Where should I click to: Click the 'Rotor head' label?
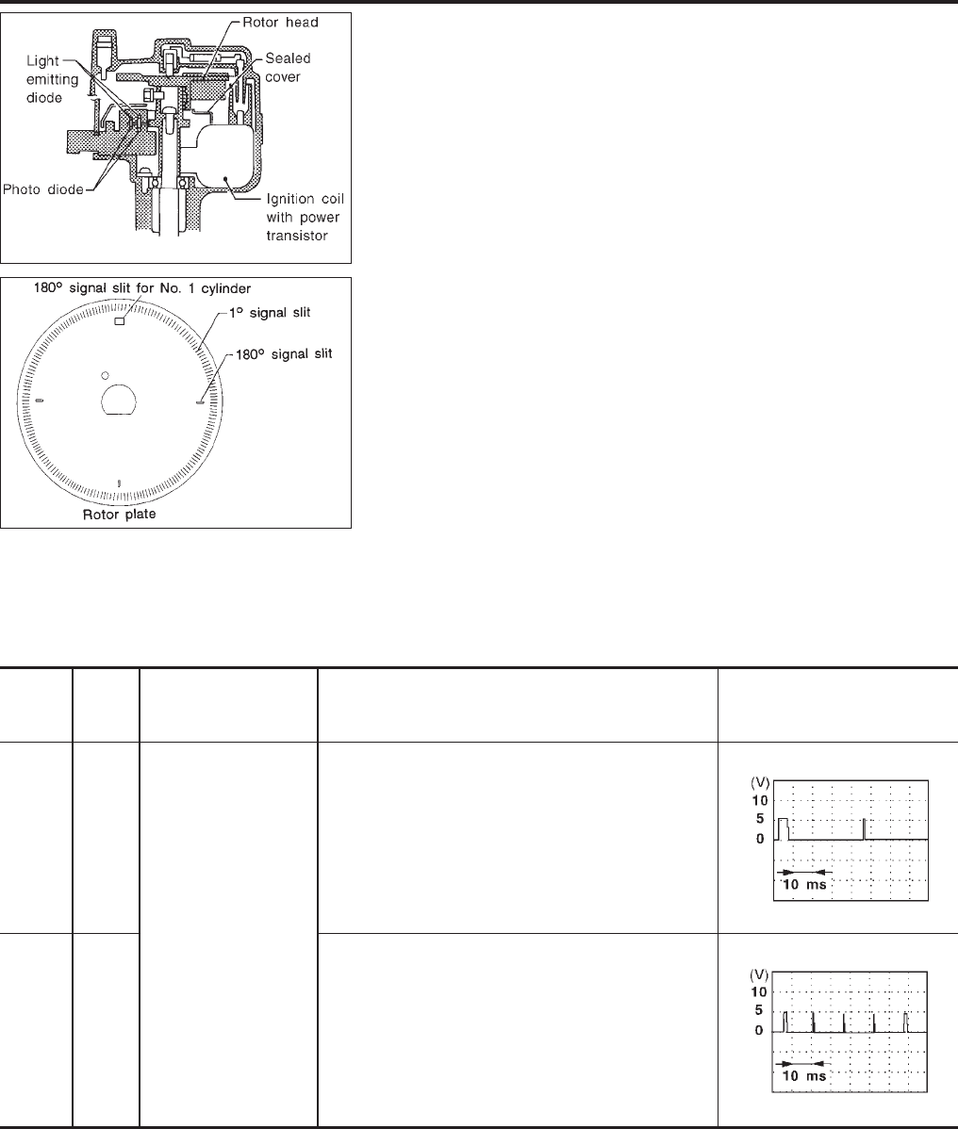pos(280,23)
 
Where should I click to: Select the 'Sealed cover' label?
pos(288,68)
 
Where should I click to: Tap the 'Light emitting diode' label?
pos(52,79)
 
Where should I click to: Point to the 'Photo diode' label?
pos(43,189)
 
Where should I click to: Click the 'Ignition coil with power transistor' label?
pos(305,218)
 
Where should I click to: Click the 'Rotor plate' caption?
pos(119,515)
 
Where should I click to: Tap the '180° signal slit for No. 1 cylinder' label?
pos(141,288)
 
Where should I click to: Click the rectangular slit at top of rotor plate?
pos(120,321)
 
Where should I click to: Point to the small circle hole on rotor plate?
pos(106,376)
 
